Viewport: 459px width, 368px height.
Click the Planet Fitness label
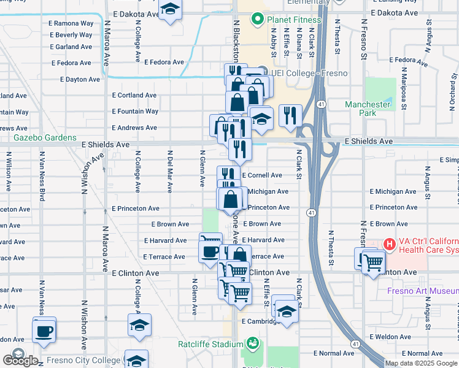(x=293, y=20)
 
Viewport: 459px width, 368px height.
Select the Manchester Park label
(x=368, y=109)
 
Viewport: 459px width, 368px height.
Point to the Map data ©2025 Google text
(x=422, y=363)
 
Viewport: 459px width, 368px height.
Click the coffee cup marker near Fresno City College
(x=44, y=332)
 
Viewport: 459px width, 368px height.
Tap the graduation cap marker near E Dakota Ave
(x=170, y=10)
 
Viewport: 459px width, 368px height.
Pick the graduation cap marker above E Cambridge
(x=285, y=310)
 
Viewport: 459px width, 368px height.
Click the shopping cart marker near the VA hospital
(x=372, y=264)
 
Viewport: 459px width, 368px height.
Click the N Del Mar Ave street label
(x=169, y=169)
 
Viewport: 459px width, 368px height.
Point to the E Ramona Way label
(x=73, y=23)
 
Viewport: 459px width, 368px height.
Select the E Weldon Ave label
(x=396, y=337)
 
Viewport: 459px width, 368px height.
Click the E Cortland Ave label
(x=134, y=96)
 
